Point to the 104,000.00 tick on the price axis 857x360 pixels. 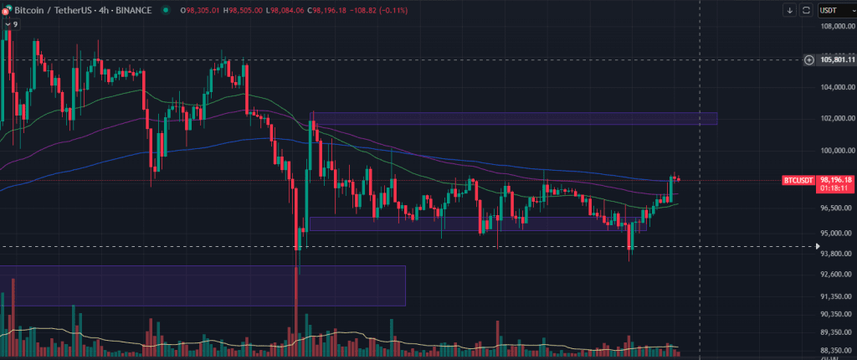pyautogui.click(x=838, y=87)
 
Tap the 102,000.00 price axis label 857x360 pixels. pyautogui.click(x=838, y=119)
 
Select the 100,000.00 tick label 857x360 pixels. pyautogui.click(x=838, y=151)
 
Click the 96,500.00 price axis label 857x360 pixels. pyautogui.click(x=838, y=208)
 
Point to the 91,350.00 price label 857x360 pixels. pyautogui.click(x=838, y=296)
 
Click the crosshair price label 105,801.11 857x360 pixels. pyautogui.click(x=838, y=59)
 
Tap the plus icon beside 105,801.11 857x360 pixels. pyautogui.click(x=809, y=59)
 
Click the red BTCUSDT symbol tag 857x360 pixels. pyautogui.click(x=798, y=180)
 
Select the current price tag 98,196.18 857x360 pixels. pyautogui.click(x=837, y=179)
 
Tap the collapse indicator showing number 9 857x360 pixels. pyautogui.click(x=11, y=24)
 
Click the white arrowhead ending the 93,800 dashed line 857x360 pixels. pyautogui.click(x=819, y=246)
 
